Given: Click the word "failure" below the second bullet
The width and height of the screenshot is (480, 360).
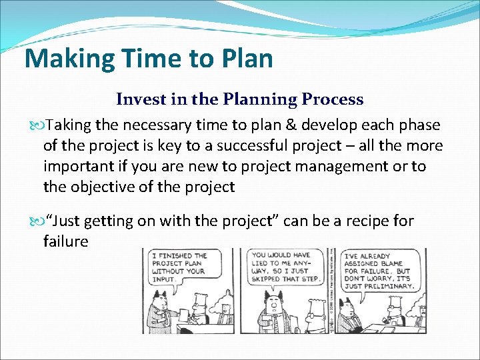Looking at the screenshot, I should (x=65, y=241).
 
